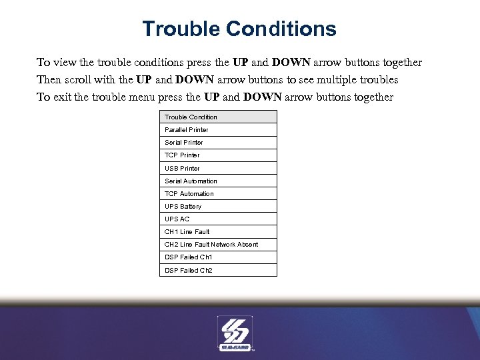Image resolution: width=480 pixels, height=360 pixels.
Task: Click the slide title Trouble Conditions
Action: (x=239, y=29)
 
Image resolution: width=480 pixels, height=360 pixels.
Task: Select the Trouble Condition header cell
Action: (x=218, y=117)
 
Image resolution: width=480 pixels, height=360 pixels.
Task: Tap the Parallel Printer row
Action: (x=218, y=130)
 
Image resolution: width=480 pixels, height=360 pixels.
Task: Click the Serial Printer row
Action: (x=218, y=143)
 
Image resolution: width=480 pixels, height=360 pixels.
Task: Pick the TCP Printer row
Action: (x=218, y=155)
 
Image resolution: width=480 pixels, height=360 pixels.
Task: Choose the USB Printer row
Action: (x=218, y=169)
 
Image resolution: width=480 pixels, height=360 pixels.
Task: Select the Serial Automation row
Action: (x=218, y=181)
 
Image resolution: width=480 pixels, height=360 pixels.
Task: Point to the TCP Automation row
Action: (x=218, y=194)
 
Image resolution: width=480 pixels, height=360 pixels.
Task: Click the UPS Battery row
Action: (x=218, y=207)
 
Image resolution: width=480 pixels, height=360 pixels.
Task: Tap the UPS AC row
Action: (x=218, y=219)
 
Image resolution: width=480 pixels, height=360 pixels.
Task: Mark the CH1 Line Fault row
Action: (x=218, y=232)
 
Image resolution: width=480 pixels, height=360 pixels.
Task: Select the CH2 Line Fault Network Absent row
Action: (x=218, y=245)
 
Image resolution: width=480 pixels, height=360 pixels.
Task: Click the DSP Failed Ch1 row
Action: (x=218, y=257)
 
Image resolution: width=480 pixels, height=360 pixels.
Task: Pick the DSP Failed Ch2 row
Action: (x=218, y=271)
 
